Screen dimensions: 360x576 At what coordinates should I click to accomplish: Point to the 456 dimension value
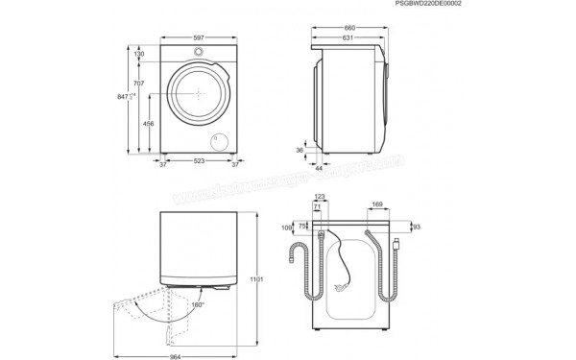[149, 124]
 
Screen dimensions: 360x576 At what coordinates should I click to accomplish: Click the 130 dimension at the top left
[139, 55]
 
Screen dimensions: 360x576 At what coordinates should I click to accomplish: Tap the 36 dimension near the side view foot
[300, 150]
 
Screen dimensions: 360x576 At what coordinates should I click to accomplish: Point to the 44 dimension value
[318, 168]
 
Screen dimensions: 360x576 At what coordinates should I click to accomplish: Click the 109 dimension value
[287, 228]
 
